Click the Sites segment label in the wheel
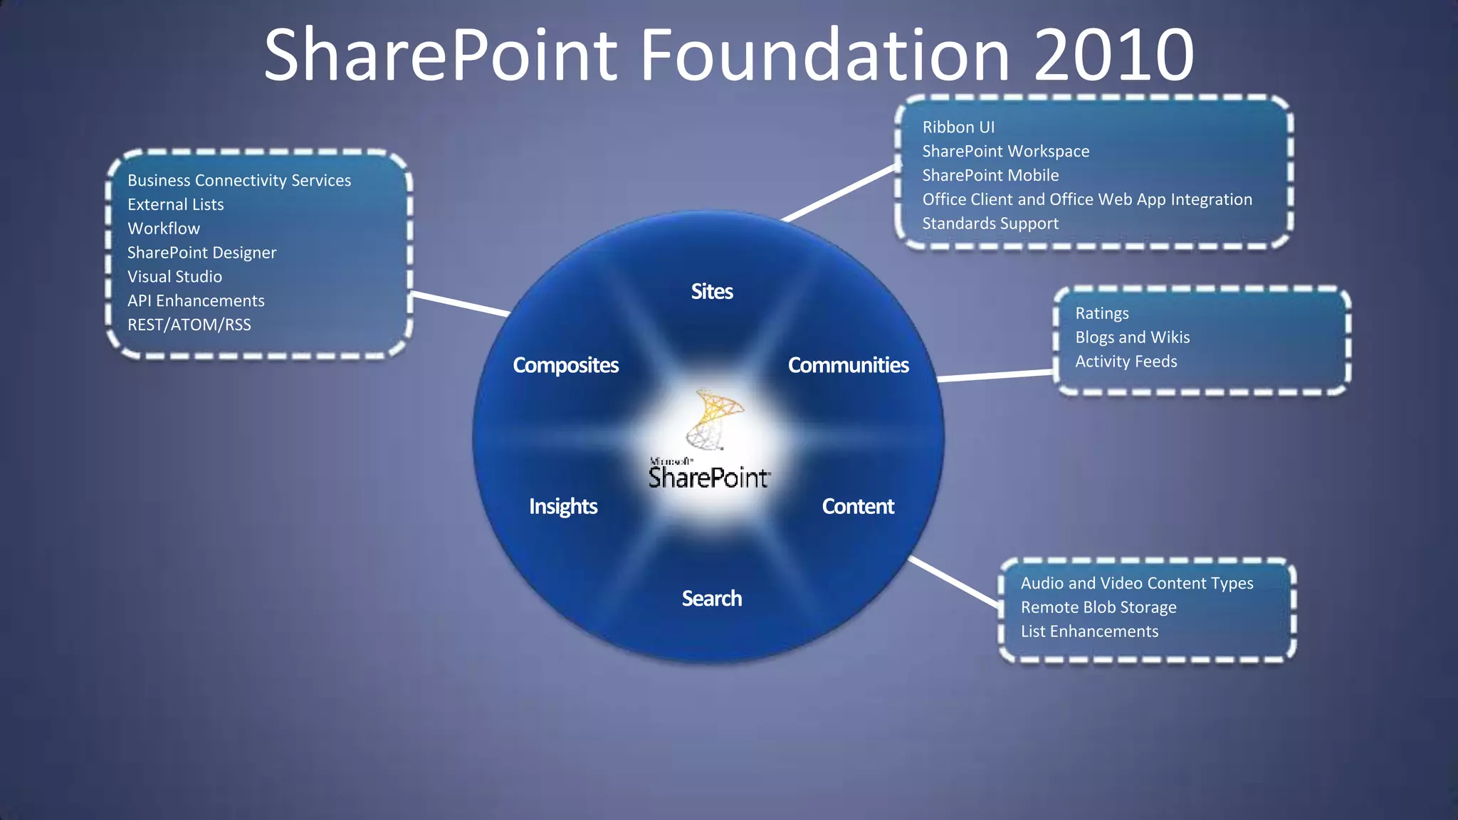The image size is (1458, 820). (x=712, y=291)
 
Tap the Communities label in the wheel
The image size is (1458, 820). (x=848, y=365)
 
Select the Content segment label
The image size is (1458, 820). (x=858, y=506)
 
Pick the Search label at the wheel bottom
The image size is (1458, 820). (x=712, y=599)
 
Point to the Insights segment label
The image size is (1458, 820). (x=563, y=506)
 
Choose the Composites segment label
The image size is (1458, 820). (x=566, y=365)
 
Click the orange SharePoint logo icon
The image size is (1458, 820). (x=714, y=419)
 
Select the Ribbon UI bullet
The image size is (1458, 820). (x=958, y=127)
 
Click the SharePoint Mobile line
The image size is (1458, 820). (x=990, y=175)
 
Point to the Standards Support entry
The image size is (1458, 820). (x=990, y=224)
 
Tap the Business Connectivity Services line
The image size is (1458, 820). (x=239, y=181)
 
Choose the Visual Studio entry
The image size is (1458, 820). (x=174, y=277)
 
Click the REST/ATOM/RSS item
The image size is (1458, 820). (x=189, y=325)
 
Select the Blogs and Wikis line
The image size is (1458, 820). (x=1132, y=337)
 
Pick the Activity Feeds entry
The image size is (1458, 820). (x=1126, y=362)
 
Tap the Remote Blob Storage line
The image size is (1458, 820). (x=1098, y=607)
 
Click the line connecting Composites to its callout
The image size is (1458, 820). (x=461, y=303)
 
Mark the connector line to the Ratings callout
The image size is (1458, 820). (x=995, y=375)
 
